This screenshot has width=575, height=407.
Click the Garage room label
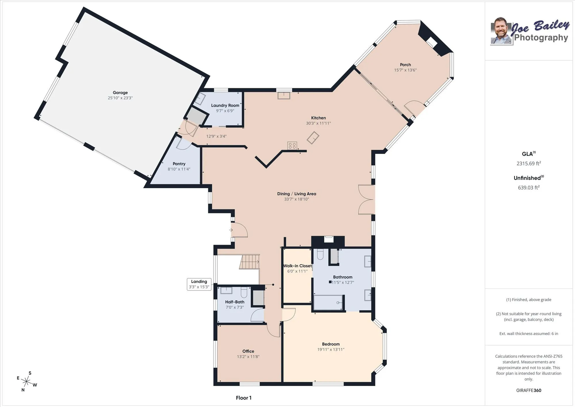pos(120,93)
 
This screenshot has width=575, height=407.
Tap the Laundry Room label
pos(225,105)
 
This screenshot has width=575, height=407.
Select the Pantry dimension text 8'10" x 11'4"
pos(179,169)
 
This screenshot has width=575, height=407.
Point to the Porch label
pos(405,65)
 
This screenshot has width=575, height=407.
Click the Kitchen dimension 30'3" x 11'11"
pos(318,123)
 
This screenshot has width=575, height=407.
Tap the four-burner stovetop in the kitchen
pos(292,146)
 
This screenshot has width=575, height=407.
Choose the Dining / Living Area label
pos(296,194)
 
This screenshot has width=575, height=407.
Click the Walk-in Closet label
pos(297,266)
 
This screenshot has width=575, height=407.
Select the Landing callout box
pos(199,284)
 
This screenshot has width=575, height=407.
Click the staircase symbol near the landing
pos(250,262)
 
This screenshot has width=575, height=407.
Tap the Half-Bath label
pos(235,302)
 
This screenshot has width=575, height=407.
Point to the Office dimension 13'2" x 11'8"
pos(248,357)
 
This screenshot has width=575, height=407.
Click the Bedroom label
pos(331,344)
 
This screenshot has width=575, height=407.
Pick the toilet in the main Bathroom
pos(320,254)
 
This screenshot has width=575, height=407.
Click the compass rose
pos(26,382)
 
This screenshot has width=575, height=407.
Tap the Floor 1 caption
pos(244,398)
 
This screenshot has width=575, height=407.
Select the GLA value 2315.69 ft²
pos(528,163)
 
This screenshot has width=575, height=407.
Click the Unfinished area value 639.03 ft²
pos(528,188)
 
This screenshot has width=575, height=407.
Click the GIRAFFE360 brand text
pos(528,390)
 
